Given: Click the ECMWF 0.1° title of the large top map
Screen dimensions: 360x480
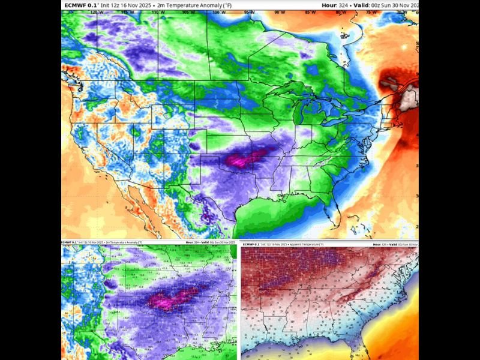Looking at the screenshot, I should pyautogui.click(x=80, y=5).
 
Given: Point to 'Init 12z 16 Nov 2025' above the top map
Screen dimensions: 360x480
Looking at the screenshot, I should pyautogui.click(x=125, y=5).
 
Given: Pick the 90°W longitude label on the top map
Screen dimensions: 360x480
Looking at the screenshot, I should pyautogui.click(x=278, y=12).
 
